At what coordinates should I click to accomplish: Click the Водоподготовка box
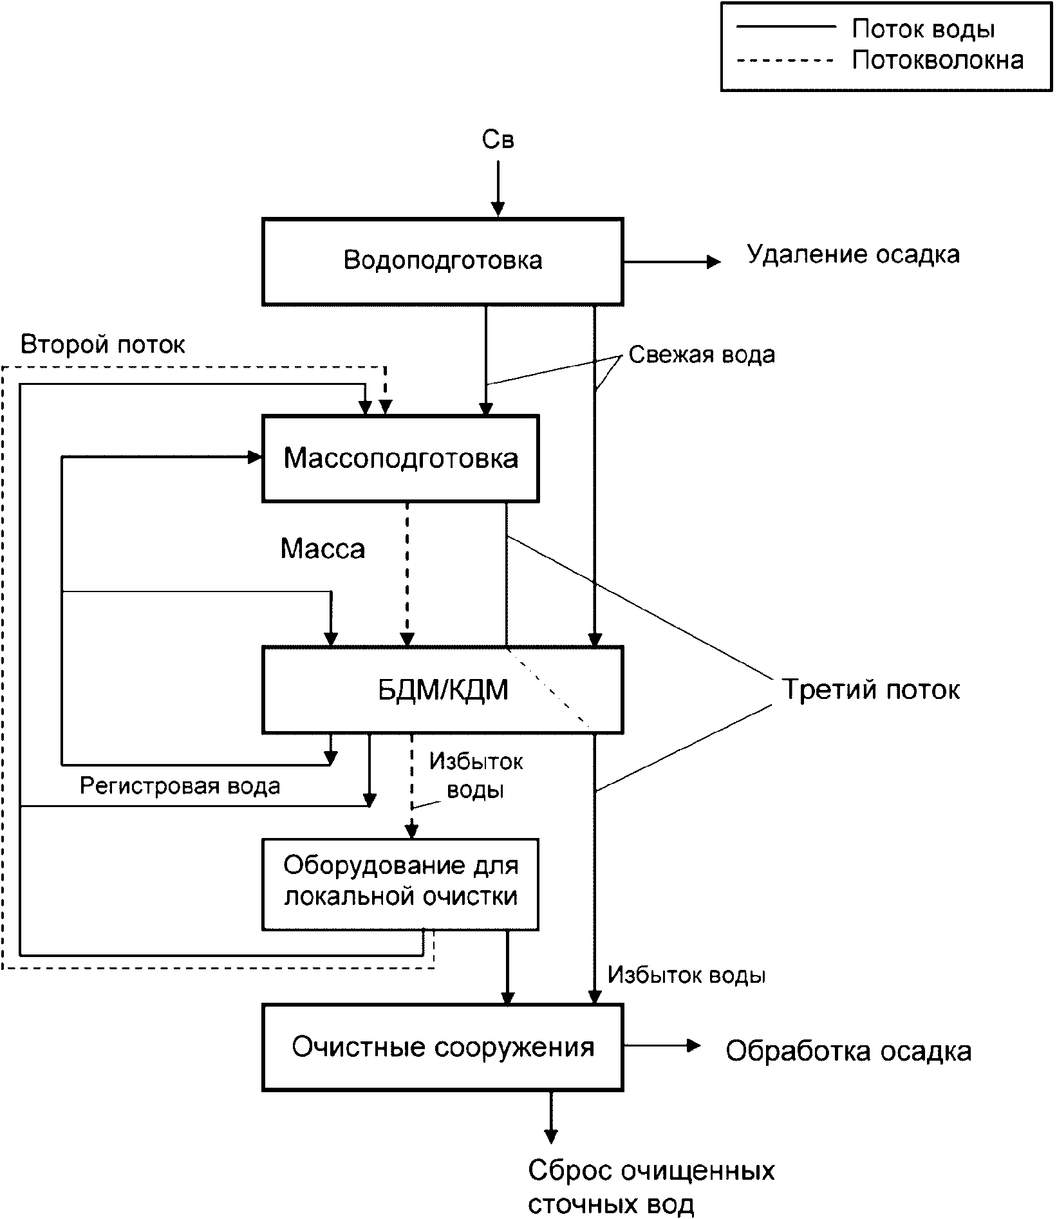(x=442, y=261)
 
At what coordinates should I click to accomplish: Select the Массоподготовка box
(x=400, y=458)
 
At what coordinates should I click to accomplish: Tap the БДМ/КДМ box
(x=442, y=690)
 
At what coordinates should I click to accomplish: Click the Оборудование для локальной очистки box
(x=400, y=884)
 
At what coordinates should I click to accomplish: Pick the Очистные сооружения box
(x=442, y=1047)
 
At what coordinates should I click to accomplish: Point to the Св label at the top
(x=498, y=140)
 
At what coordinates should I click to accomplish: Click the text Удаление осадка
(x=853, y=255)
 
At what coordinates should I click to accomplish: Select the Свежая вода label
(x=702, y=355)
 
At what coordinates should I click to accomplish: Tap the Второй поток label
(x=103, y=345)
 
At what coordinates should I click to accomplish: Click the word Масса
(x=323, y=548)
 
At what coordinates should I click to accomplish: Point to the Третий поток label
(x=871, y=689)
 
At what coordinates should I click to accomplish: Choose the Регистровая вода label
(x=180, y=786)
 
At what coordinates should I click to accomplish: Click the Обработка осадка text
(x=848, y=1051)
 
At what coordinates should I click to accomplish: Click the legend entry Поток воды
(x=923, y=30)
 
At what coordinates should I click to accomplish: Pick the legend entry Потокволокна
(x=937, y=60)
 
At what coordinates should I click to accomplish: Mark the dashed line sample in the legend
(x=785, y=60)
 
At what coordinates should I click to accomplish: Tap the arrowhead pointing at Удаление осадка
(x=713, y=262)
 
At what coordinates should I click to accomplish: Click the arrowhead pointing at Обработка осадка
(x=694, y=1046)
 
